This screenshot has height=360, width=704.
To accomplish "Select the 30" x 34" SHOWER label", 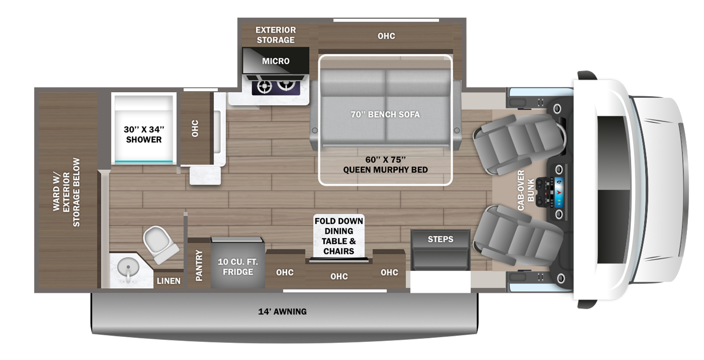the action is coord(144,134).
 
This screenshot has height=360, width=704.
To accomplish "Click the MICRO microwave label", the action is coord(276,61).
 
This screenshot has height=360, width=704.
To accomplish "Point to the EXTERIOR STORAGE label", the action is coord(276,35).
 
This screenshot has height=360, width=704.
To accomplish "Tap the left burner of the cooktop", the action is coord(264,86).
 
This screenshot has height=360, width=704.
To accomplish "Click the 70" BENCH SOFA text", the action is coord(385,114).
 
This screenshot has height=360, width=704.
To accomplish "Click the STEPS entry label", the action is coord(440,239).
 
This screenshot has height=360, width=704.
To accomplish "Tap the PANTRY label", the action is coord(199,266).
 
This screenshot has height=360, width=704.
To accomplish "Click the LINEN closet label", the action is coord(169,281).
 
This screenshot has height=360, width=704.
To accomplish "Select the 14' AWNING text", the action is coord(282,311).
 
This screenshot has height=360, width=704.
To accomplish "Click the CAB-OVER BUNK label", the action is coord(525,190).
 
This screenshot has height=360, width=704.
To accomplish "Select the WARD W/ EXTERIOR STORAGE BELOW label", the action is coord(66,192).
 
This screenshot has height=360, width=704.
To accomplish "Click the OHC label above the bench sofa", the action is coord(386,36).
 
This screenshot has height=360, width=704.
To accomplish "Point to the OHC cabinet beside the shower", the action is coord(195,128).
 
